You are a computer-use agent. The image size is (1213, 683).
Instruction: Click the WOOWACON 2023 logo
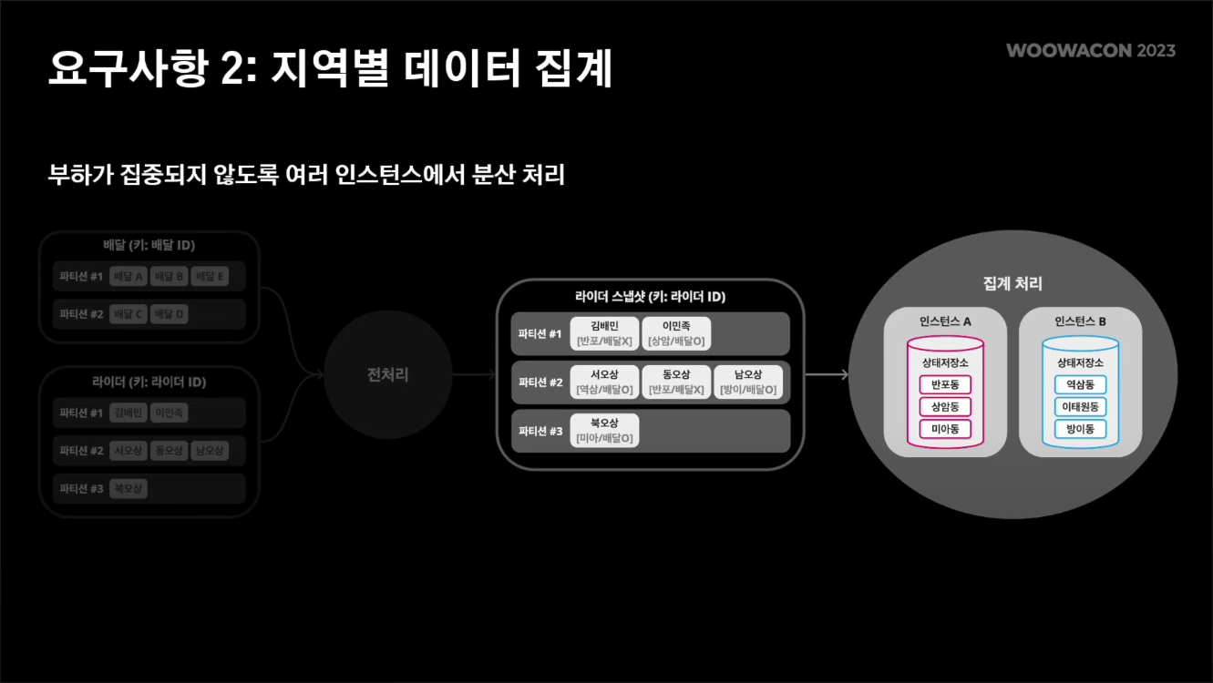click(x=1090, y=50)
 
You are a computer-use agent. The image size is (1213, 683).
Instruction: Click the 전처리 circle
click(x=388, y=374)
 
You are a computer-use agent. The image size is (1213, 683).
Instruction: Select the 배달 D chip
click(x=169, y=314)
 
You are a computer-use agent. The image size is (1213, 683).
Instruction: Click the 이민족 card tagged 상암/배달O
click(x=675, y=334)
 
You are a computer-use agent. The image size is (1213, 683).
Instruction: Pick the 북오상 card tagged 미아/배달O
click(x=604, y=431)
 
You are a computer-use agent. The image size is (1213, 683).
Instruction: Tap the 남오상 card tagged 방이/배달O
click(x=748, y=382)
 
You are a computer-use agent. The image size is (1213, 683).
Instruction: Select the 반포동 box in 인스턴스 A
click(x=945, y=385)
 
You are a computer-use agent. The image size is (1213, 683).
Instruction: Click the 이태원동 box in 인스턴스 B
click(x=1080, y=407)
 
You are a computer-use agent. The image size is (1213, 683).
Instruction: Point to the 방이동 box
click(x=1080, y=429)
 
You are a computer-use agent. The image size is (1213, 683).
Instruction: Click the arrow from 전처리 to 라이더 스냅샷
click(x=474, y=374)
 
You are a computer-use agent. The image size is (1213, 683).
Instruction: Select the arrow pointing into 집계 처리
click(x=827, y=374)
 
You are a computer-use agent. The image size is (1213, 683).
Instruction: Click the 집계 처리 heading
click(x=1013, y=283)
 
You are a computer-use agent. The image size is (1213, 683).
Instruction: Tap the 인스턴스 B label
click(x=1080, y=321)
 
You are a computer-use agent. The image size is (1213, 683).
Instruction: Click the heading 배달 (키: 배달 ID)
click(x=149, y=246)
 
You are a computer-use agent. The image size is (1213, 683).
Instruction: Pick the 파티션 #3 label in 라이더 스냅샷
click(x=540, y=431)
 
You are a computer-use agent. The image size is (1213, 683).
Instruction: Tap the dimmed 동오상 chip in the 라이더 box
click(x=169, y=451)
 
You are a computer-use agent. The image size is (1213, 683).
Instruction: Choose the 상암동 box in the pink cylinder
click(x=945, y=407)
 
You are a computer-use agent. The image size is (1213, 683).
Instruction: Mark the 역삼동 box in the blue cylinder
click(x=1080, y=385)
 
